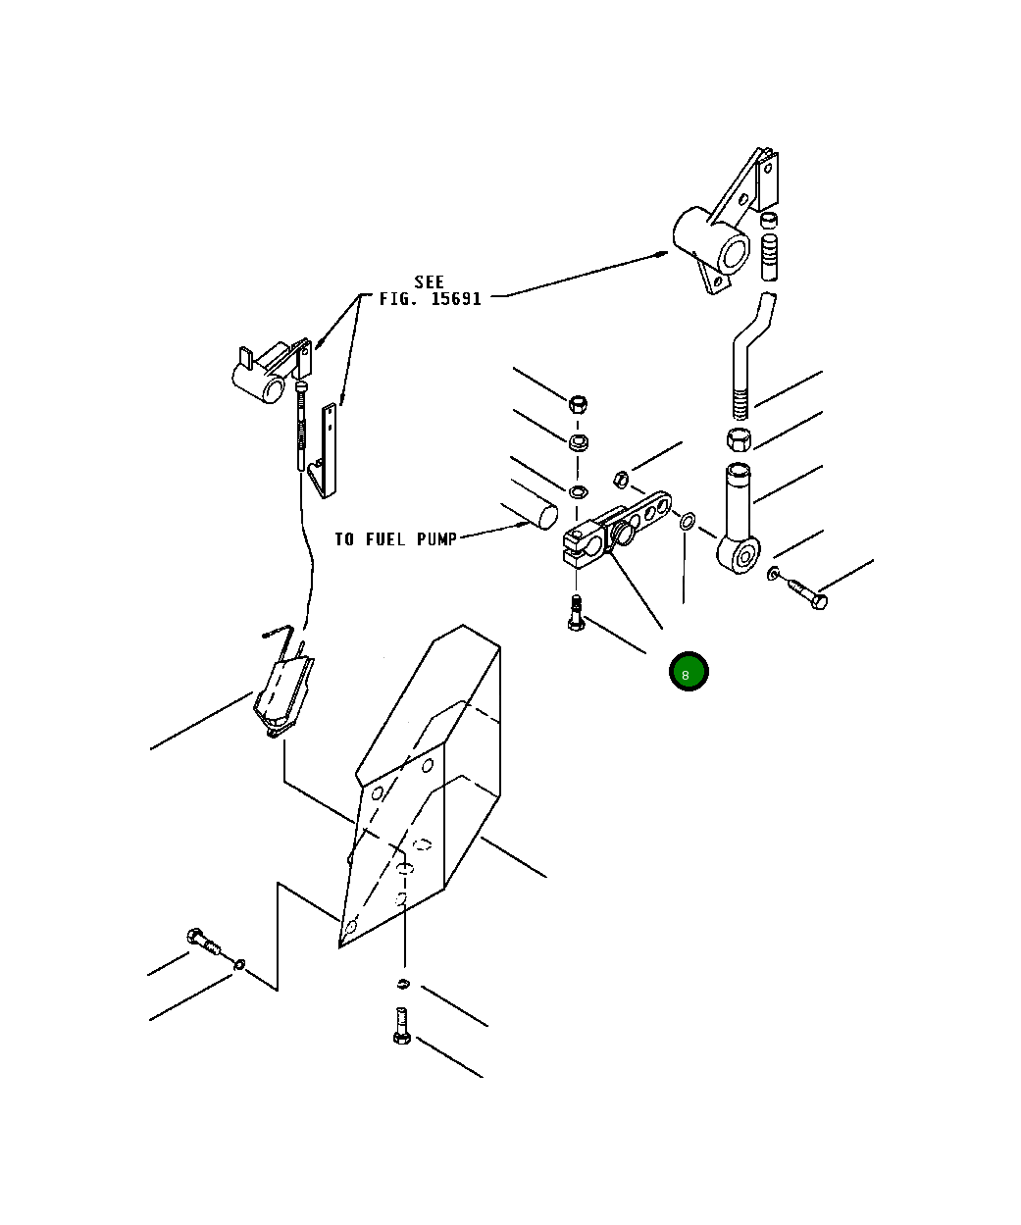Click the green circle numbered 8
[x=688, y=672]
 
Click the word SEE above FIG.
[x=429, y=282]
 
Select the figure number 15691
[x=456, y=299]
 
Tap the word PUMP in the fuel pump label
[x=436, y=539]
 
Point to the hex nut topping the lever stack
[x=579, y=402]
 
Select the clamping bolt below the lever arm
[x=576, y=614]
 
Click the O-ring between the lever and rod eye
[x=688, y=521]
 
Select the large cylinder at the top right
[x=710, y=241]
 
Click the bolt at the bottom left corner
[x=203, y=942]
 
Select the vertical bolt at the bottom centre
[x=401, y=1025]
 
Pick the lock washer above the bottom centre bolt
[x=403, y=984]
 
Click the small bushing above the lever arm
[x=620, y=478]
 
